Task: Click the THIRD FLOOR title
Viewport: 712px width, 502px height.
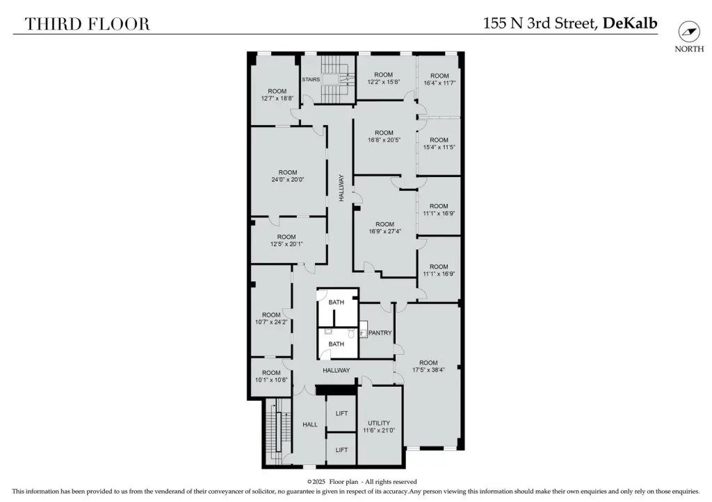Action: click(87, 24)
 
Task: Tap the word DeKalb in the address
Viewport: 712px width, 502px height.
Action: click(630, 23)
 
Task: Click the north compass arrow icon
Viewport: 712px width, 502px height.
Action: click(689, 31)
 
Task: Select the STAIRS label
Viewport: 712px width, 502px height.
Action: click(311, 79)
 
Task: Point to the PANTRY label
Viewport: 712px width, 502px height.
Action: click(380, 333)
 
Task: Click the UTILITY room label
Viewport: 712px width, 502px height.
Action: click(379, 423)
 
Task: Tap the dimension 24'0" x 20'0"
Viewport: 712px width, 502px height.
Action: click(288, 180)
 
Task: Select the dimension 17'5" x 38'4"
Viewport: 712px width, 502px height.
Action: click(428, 370)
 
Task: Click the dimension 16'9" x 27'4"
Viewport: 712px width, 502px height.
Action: click(385, 231)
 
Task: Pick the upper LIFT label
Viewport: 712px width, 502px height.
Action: click(341, 414)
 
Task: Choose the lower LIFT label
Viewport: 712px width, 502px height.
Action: click(341, 450)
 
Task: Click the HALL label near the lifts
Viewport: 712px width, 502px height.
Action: click(310, 424)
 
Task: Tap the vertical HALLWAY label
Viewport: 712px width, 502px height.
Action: click(341, 188)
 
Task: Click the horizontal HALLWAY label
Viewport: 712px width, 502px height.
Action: click(337, 371)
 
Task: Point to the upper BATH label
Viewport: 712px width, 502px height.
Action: click(337, 303)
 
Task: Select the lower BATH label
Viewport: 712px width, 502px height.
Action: click(336, 344)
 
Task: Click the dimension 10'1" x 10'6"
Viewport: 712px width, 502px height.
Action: click(271, 380)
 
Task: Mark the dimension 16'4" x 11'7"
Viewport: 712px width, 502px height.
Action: click(439, 83)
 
